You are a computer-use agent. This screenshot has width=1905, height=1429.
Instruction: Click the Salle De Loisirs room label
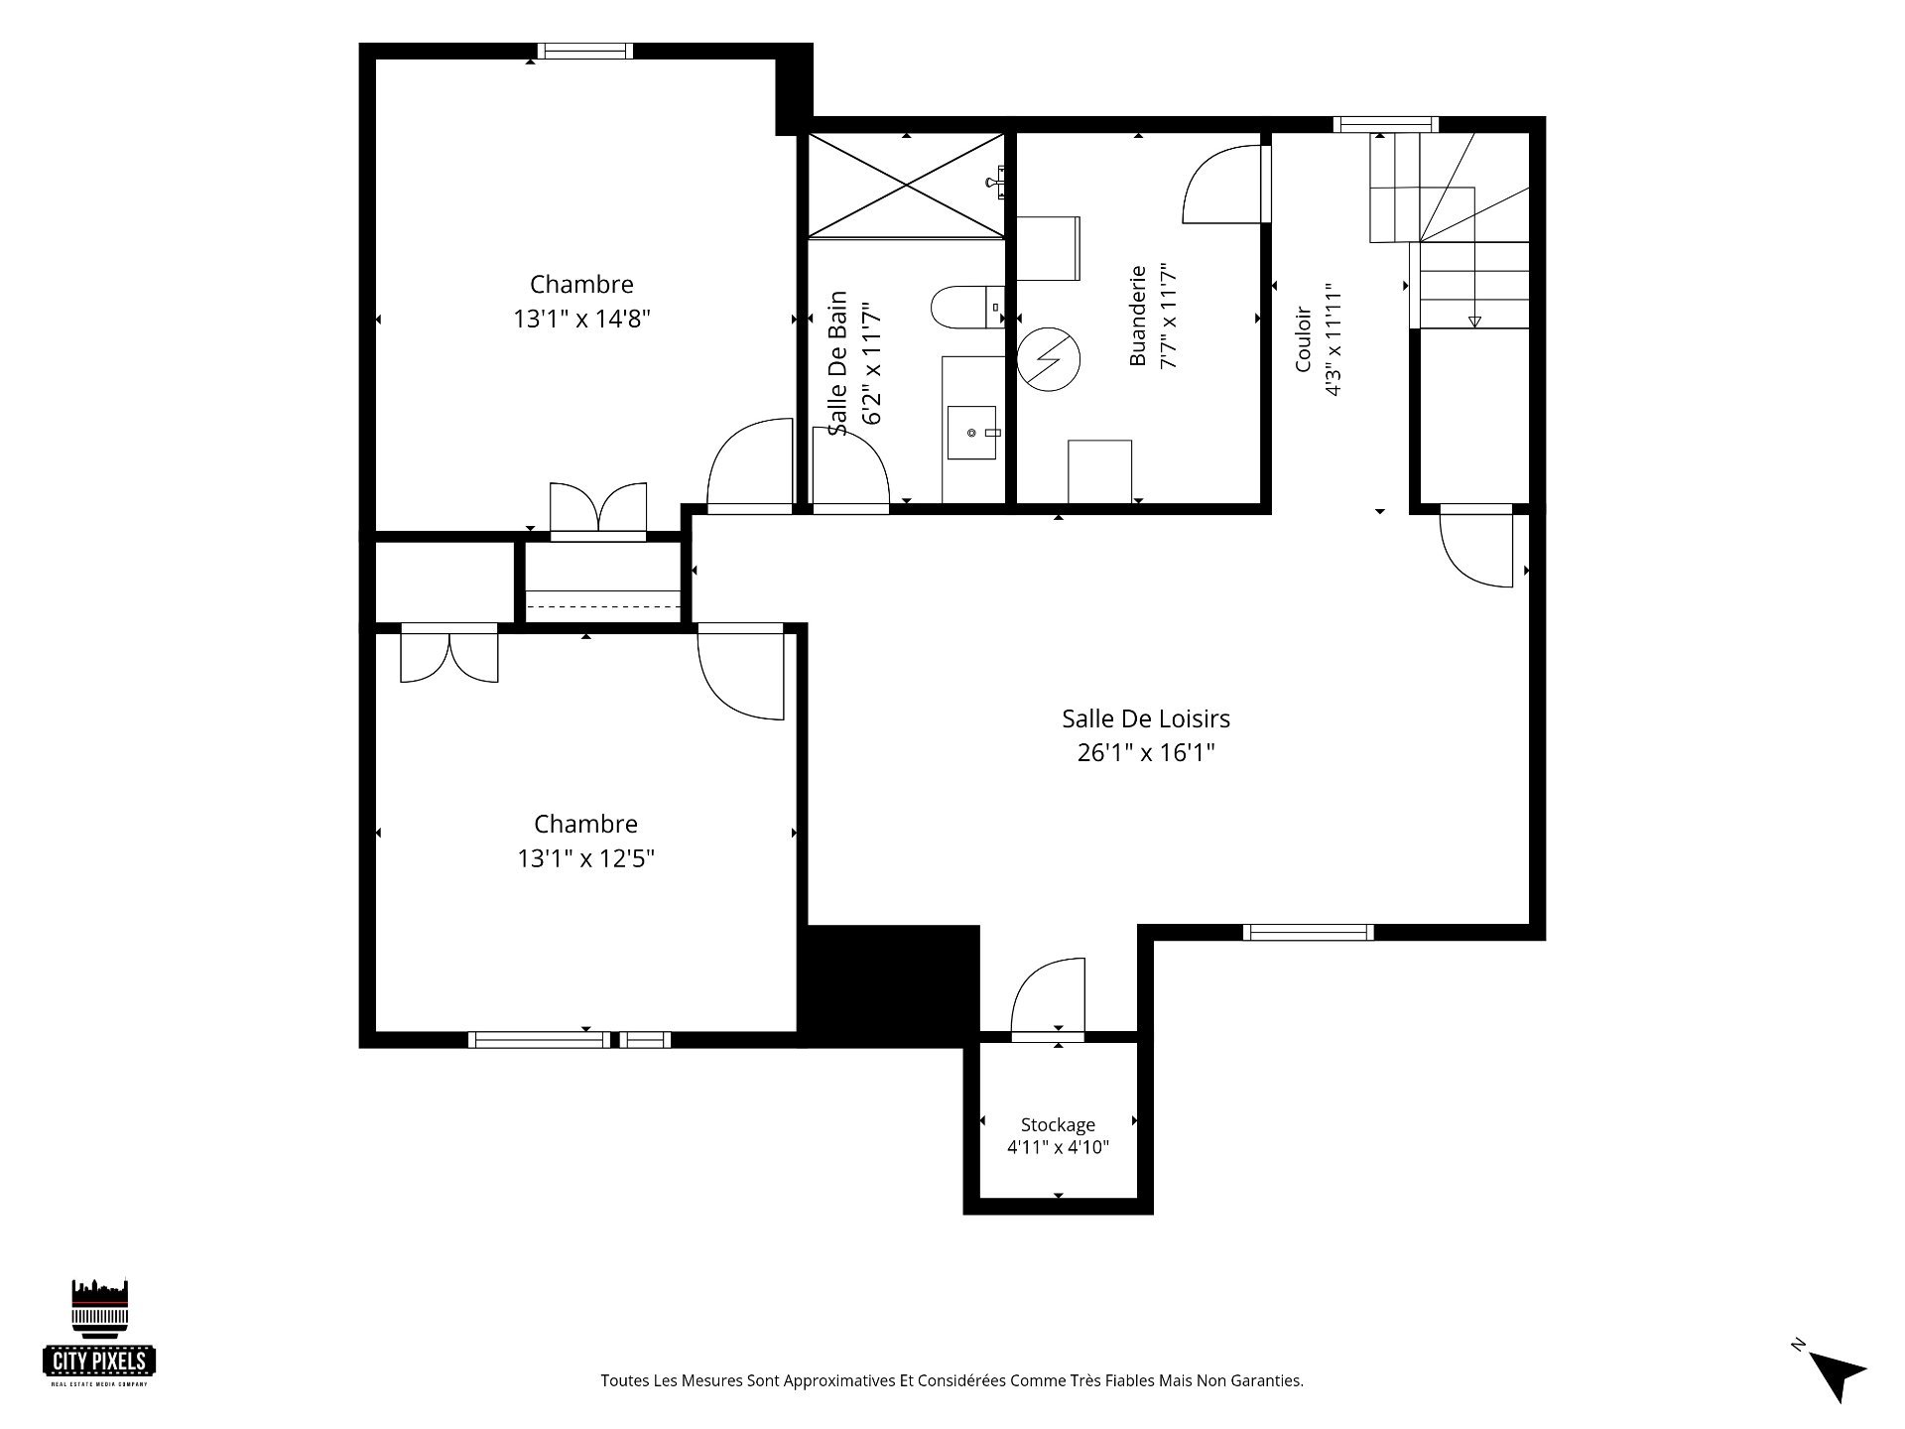[x=1146, y=718]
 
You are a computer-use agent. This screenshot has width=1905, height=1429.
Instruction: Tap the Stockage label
[x=1058, y=1124]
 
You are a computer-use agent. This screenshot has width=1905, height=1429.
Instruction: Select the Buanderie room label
[x=1138, y=315]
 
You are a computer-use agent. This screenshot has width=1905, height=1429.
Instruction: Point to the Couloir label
[x=1303, y=339]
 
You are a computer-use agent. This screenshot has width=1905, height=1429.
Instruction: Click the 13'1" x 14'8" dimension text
[x=581, y=319]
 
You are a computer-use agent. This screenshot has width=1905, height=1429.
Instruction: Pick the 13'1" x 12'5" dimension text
[x=585, y=858]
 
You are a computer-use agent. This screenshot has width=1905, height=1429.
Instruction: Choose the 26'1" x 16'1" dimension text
[x=1146, y=753]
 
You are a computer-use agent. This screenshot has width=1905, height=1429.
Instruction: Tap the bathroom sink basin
[x=971, y=433]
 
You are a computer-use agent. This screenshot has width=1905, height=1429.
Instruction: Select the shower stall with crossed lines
[x=906, y=185]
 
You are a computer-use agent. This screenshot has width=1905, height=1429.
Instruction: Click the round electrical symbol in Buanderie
[x=1049, y=358]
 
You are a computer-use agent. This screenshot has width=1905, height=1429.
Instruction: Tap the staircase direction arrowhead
[x=1474, y=321]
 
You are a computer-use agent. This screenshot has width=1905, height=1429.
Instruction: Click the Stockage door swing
[x=1048, y=998]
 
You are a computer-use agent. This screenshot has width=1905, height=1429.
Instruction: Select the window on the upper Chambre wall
[x=585, y=51]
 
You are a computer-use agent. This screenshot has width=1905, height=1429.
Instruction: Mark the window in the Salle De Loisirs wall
[x=1309, y=932]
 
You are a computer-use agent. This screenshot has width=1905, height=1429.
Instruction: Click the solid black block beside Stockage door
[x=890, y=985]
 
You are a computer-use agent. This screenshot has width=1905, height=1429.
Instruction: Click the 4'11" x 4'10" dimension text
[x=1058, y=1148]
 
